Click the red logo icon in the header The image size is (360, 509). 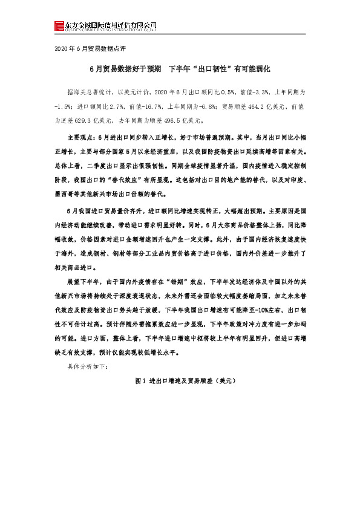[x=58, y=25]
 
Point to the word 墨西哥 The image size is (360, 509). [x=64, y=195]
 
